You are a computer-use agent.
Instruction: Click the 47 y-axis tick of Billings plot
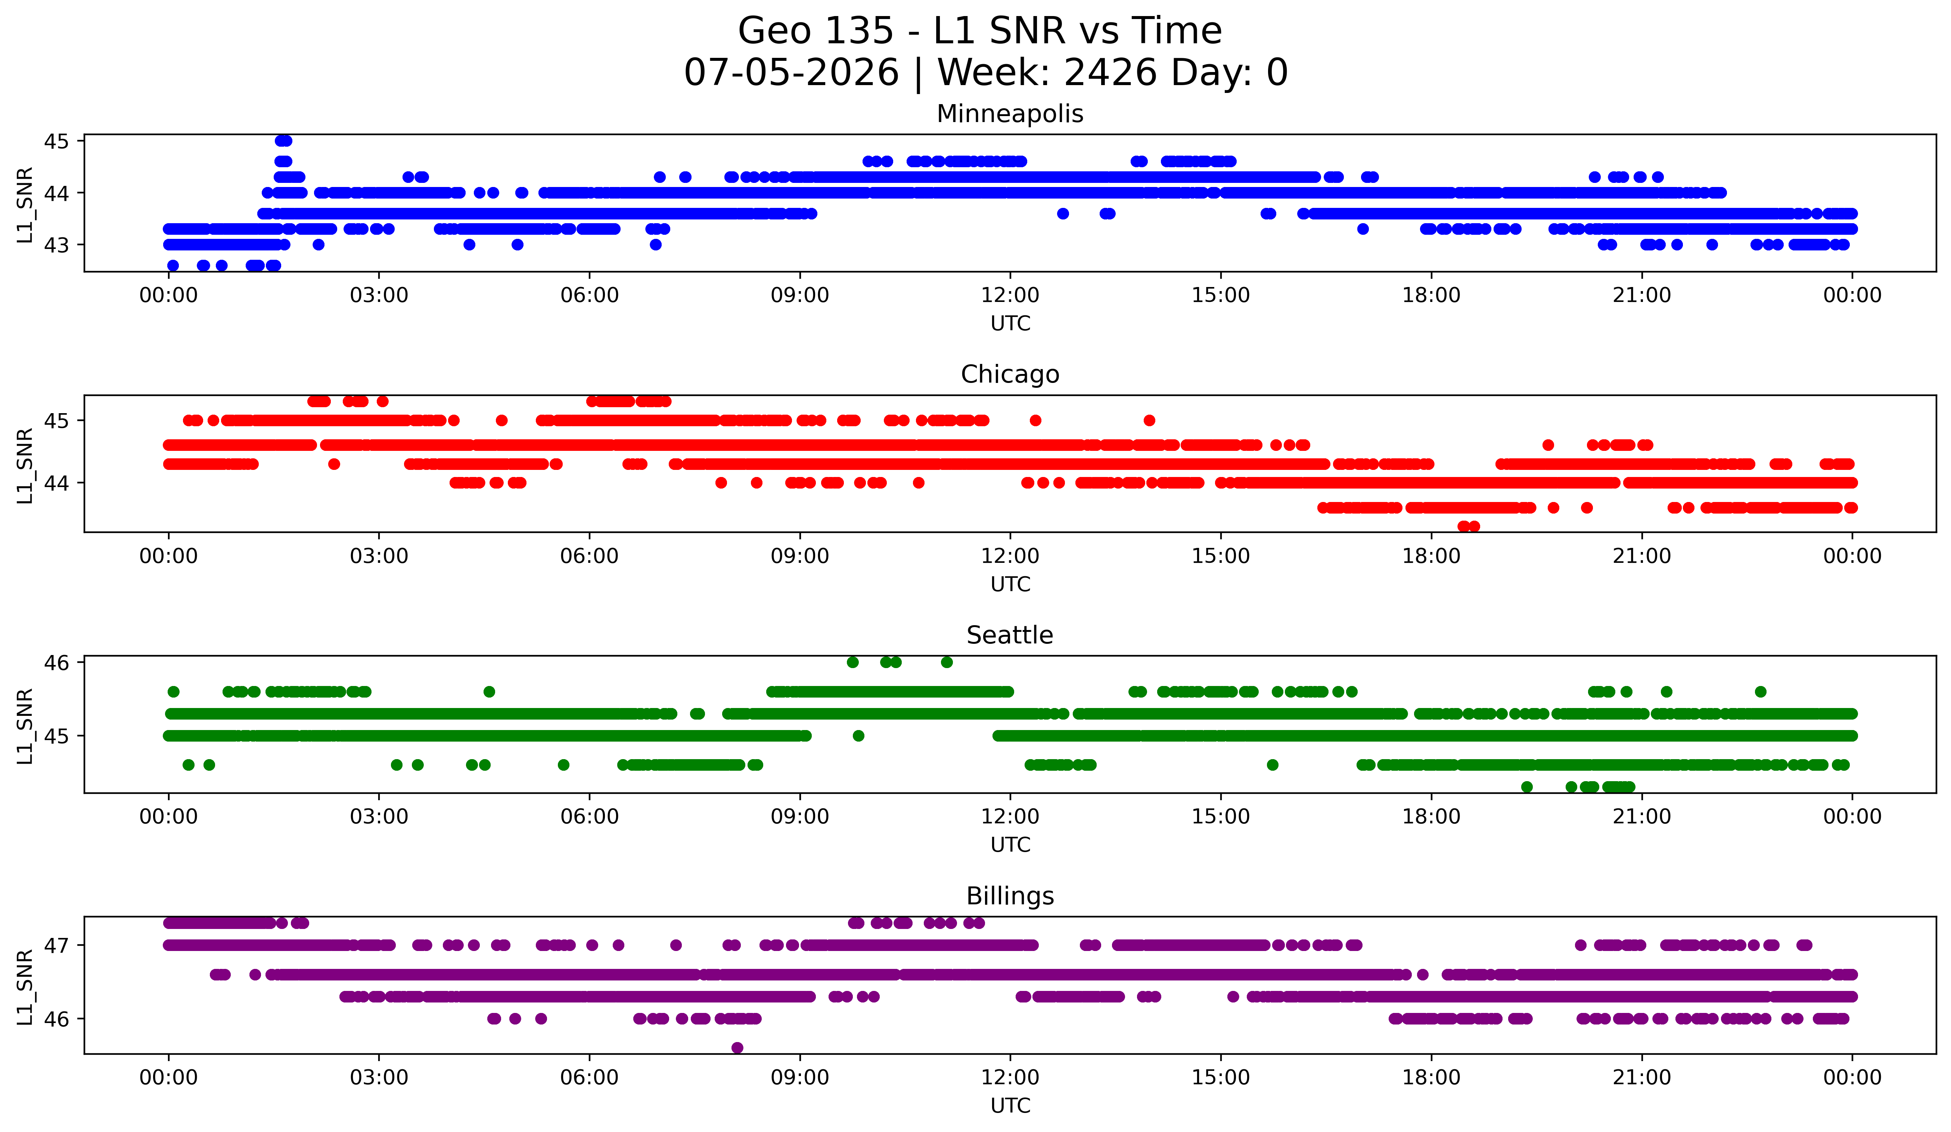point(56,945)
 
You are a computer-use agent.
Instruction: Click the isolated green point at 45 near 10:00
point(858,736)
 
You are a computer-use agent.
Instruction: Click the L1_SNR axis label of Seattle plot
point(25,727)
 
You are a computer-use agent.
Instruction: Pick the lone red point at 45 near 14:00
point(1149,421)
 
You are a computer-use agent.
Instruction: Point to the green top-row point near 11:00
point(946,662)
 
